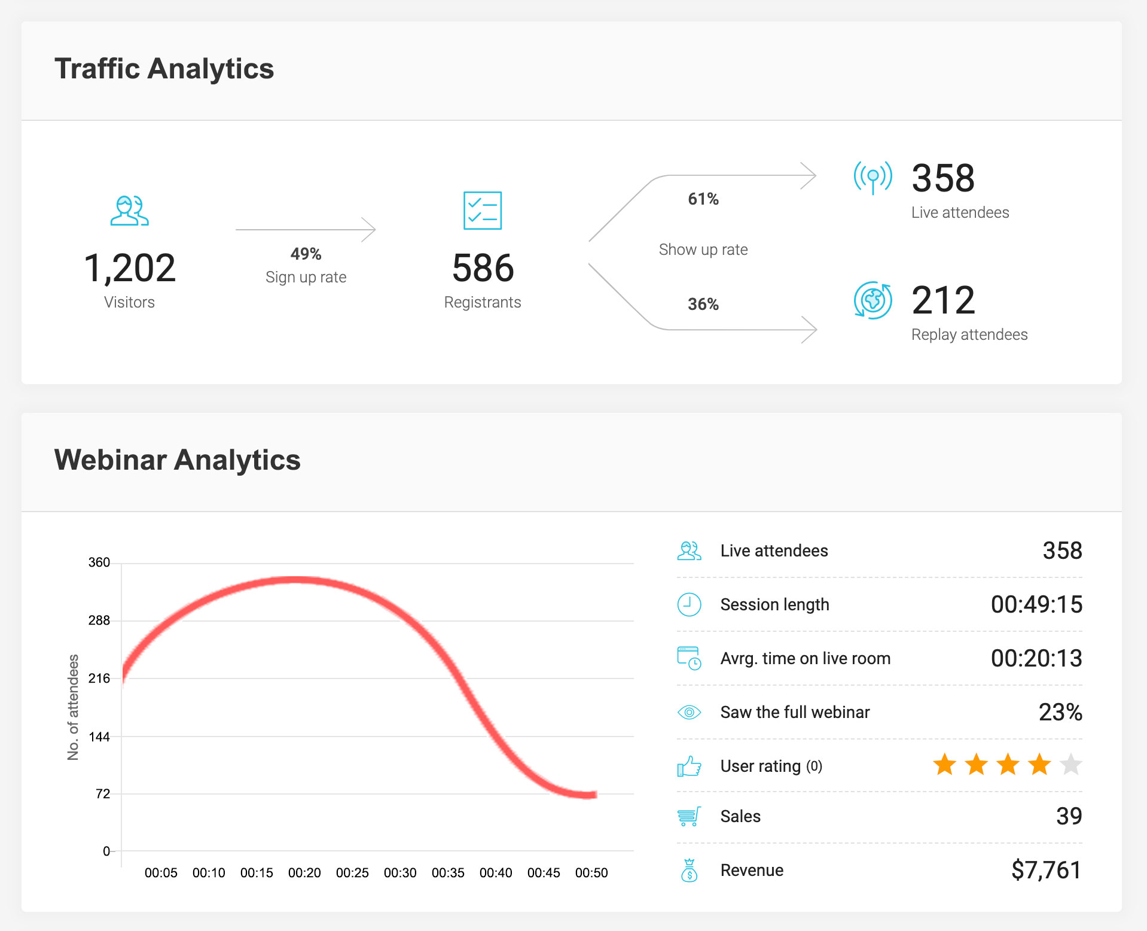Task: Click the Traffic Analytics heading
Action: coord(164,69)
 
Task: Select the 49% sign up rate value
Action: coord(306,254)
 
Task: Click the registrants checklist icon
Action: coord(483,211)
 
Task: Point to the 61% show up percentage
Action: coord(703,199)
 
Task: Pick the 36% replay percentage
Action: coord(703,304)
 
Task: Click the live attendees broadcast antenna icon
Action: coord(873,178)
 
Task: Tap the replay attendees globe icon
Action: coord(873,300)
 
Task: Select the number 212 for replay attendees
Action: coord(943,300)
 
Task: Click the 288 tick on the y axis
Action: coord(99,620)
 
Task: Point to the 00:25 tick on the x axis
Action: coord(352,873)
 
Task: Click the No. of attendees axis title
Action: coord(73,707)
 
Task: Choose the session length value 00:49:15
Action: coord(1036,604)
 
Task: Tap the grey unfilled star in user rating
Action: coord(1070,765)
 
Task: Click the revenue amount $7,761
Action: coord(1046,870)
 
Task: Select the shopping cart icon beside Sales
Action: coord(689,816)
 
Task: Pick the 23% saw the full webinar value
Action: coord(1060,712)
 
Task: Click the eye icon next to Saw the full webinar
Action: coord(689,712)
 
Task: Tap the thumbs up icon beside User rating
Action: coord(689,766)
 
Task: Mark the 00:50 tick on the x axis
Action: coord(591,873)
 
